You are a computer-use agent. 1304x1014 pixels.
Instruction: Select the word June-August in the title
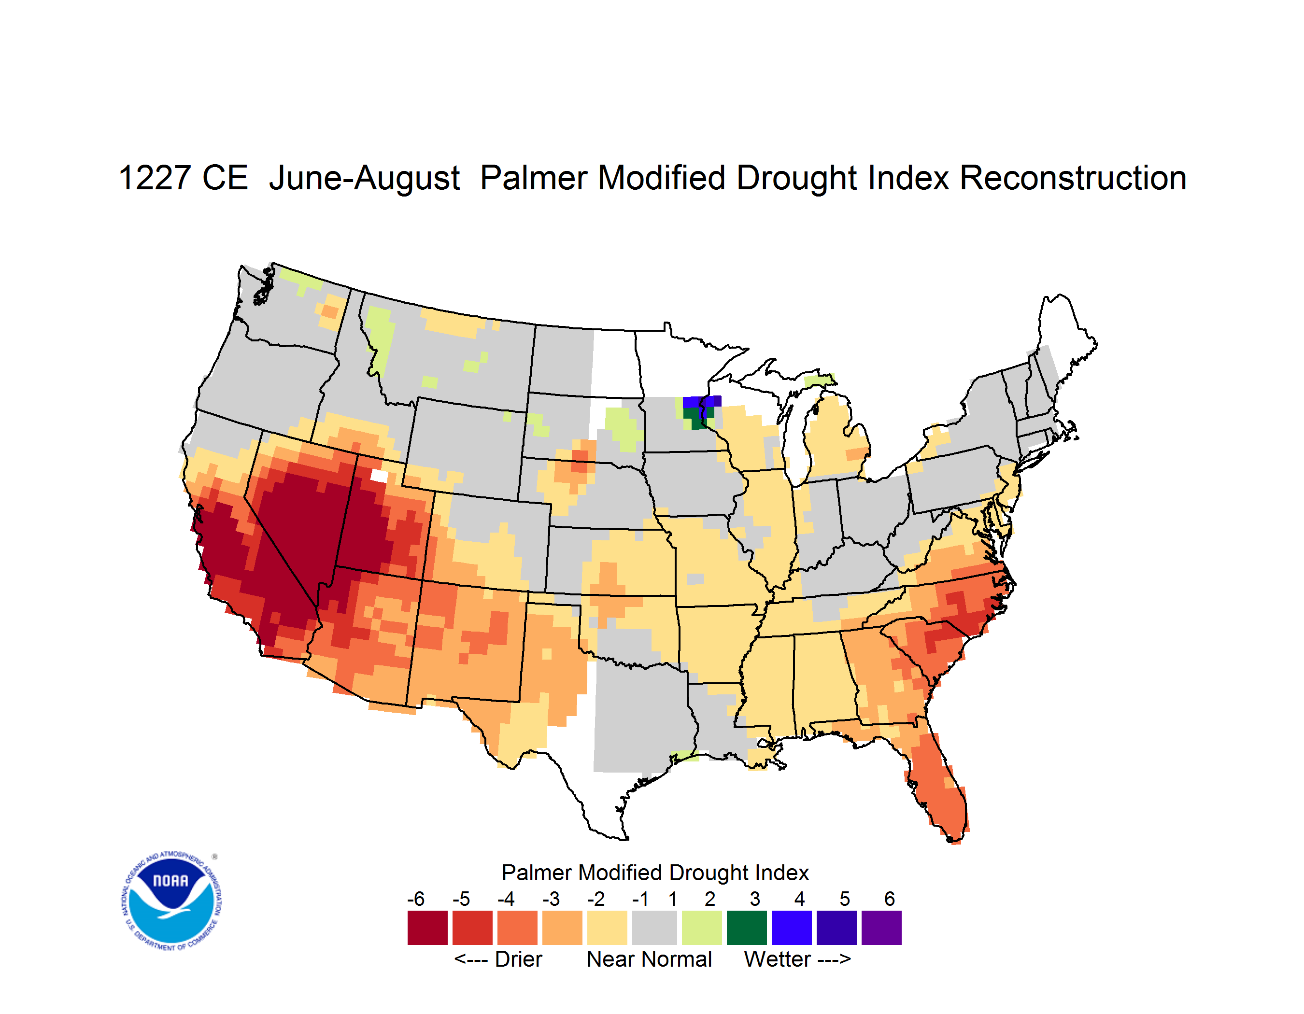pos(364,179)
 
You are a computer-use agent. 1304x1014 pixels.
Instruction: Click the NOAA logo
pos(171,901)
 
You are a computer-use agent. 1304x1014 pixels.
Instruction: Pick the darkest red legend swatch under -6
pos(427,928)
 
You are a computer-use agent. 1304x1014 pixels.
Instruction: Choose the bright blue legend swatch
pos(792,928)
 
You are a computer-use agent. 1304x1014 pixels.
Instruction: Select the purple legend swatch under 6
pos(881,928)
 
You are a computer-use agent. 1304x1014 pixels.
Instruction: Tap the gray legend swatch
pos(654,928)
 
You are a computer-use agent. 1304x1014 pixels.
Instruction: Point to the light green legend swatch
pos(702,928)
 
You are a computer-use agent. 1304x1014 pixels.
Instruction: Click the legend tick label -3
pos(551,899)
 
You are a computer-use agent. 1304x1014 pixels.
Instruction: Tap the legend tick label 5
pos(844,899)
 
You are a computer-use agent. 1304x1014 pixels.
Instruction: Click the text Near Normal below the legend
pos(649,959)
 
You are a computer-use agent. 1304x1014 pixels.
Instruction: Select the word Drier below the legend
pos(518,959)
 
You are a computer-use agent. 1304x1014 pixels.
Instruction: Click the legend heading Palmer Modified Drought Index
pos(655,873)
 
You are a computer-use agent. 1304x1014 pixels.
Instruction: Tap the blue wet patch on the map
pos(702,402)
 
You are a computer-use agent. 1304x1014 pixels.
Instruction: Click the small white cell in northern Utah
pos(379,476)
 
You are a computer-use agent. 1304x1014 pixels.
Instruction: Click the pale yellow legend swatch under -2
pos(607,928)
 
